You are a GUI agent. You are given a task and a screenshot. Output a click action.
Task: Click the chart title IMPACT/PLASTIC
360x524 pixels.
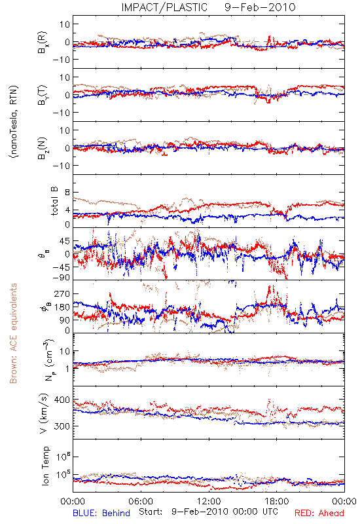164,7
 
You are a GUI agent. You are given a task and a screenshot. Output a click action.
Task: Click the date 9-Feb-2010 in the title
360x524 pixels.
260,7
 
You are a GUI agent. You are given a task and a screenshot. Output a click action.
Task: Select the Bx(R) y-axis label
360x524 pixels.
43,42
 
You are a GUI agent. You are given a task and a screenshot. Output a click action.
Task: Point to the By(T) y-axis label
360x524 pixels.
43,95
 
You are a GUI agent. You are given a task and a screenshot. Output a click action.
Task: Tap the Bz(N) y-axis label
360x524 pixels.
43,148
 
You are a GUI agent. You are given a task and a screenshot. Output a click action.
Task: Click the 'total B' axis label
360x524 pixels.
54,201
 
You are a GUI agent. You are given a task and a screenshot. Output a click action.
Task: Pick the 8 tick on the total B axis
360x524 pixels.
67,193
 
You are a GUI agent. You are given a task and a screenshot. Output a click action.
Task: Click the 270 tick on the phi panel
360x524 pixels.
62,293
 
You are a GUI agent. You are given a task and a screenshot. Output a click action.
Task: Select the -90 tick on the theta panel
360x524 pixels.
62,278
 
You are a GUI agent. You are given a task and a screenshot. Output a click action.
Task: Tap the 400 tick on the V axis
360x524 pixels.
62,400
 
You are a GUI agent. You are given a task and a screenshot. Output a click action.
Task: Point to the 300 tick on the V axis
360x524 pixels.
62,426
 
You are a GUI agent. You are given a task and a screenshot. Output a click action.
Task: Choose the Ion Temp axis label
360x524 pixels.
45,466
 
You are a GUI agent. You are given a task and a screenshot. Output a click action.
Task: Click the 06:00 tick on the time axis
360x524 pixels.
141,501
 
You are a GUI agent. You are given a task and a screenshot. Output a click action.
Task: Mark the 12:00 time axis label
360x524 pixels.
209,501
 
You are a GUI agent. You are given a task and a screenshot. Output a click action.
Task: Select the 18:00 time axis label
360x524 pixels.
276,501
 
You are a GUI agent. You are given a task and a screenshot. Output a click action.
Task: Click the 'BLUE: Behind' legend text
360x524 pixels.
101,513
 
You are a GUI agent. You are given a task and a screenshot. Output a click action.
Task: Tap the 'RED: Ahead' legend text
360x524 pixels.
319,513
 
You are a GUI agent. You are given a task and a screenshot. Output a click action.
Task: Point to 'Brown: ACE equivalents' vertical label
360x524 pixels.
13,333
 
